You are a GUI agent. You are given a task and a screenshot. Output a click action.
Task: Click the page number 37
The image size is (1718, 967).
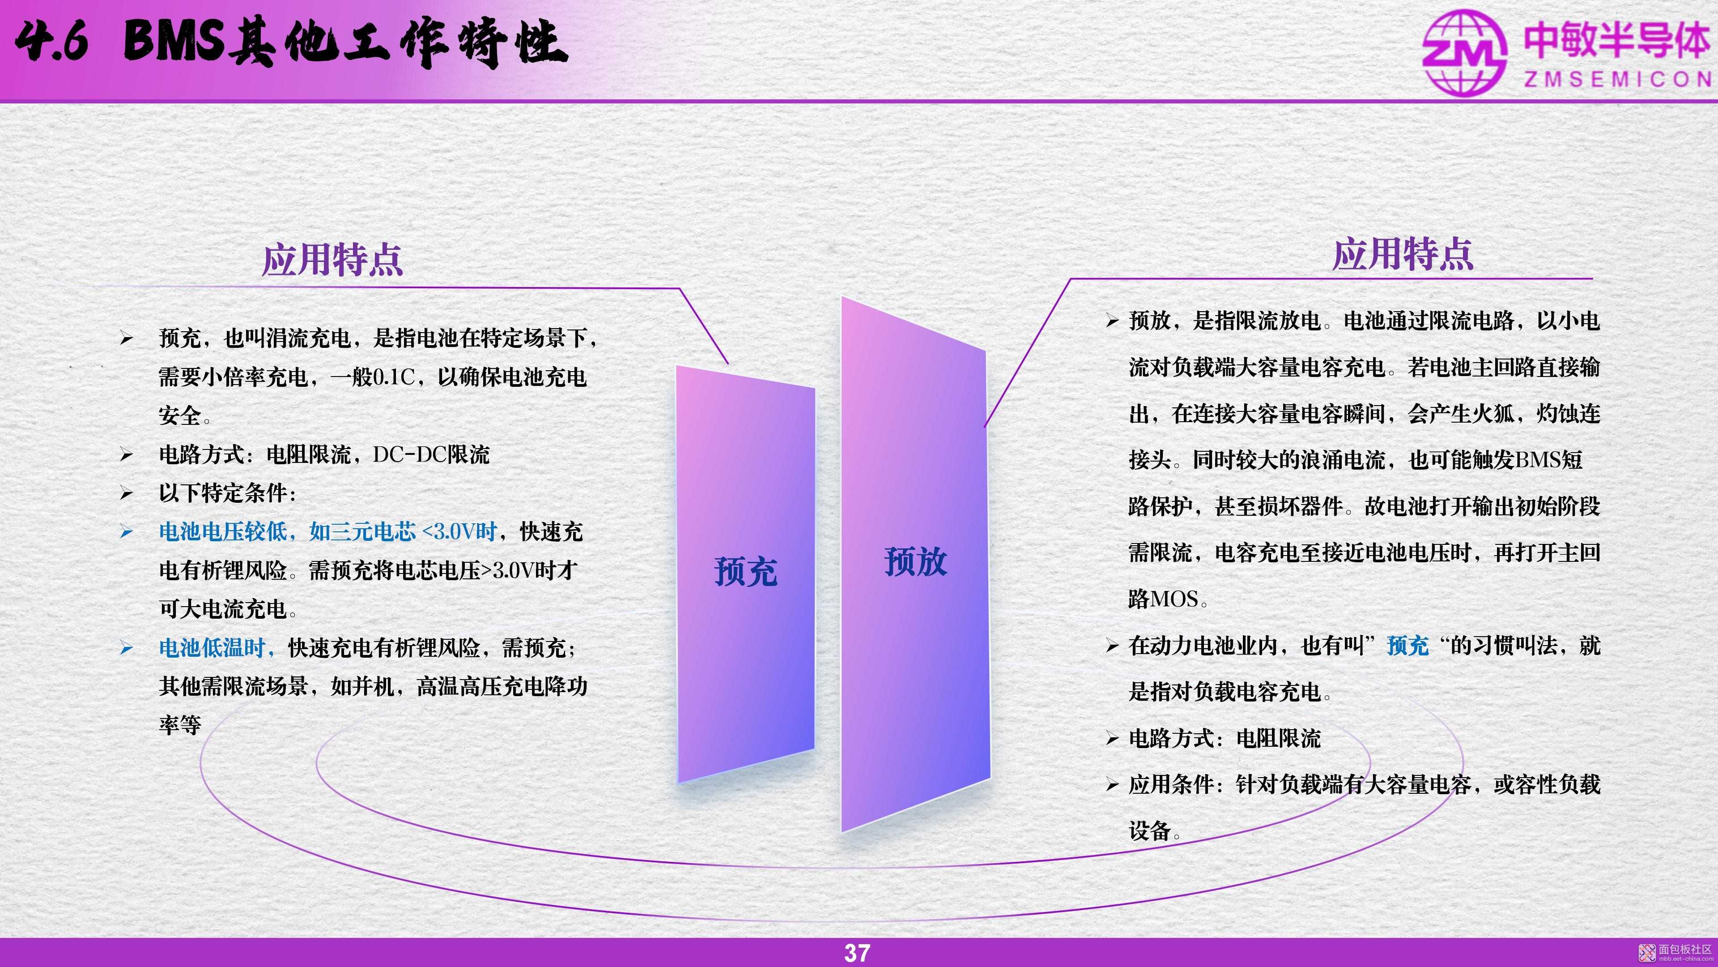[x=857, y=952]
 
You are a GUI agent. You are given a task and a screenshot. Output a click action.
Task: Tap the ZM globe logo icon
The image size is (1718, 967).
[x=1465, y=52]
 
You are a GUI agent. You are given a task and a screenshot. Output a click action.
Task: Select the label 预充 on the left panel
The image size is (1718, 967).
[x=746, y=572]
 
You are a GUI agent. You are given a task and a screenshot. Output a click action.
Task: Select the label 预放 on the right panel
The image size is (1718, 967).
[x=916, y=561]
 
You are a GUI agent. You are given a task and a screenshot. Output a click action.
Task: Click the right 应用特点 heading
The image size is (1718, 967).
[x=1403, y=254]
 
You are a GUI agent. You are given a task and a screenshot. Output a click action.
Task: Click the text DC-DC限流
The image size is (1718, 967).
[x=431, y=454]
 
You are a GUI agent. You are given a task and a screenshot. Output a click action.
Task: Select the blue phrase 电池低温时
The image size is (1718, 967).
[x=212, y=647]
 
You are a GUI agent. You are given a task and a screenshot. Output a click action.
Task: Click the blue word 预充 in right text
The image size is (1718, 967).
[x=1408, y=645]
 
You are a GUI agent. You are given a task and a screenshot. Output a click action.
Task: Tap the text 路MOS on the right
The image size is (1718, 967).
[x=1164, y=599]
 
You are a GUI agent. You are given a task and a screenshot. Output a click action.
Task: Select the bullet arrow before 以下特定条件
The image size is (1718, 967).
[x=126, y=494]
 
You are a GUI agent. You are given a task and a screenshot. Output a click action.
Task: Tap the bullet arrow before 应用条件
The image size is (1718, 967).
[x=1112, y=784]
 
